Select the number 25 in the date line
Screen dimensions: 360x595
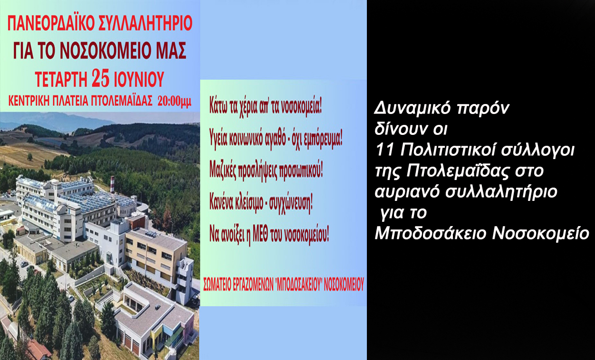(x=106, y=79)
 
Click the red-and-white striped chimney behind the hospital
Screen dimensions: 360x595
(x=112, y=184)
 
